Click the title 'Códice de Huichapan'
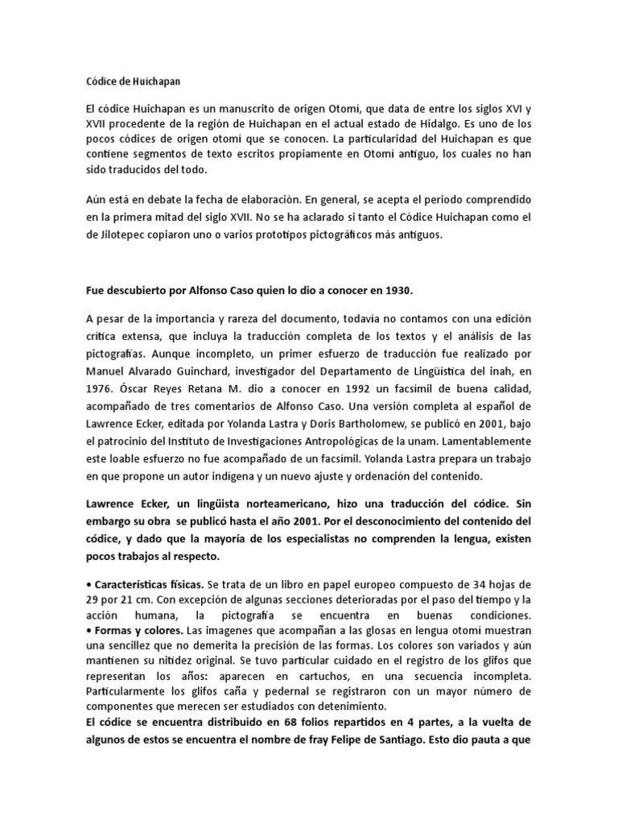133,81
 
